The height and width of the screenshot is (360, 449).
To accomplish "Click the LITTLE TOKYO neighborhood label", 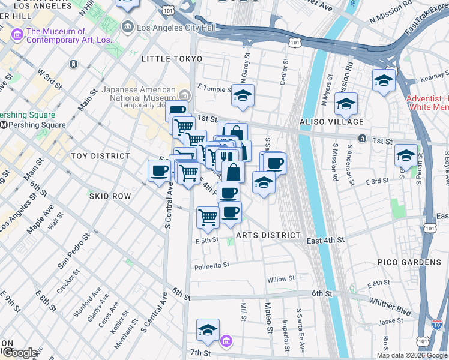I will [x=172, y=59].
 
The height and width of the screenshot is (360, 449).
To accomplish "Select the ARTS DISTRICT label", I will [x=268, y=235].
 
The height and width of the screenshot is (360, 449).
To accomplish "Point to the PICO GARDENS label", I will [x=409, y=262].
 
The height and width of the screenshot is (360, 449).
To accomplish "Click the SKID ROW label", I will [x=110, y=196].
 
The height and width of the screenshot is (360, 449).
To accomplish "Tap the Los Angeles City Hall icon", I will [x=127, y=26].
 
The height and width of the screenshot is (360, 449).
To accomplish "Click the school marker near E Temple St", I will [x=243, y=95].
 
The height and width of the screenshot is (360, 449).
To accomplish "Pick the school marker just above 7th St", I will [x=208, y=329].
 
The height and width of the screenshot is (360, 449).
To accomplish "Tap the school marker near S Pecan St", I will [x=406, y=155].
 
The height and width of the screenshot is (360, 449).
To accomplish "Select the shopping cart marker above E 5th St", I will [x=208, y=217].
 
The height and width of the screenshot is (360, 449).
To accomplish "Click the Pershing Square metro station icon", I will [x=4, y=125].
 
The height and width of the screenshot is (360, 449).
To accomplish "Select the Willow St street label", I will [x=281, y=279].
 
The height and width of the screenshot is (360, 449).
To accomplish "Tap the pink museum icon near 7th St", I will [x=226, y=341].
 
